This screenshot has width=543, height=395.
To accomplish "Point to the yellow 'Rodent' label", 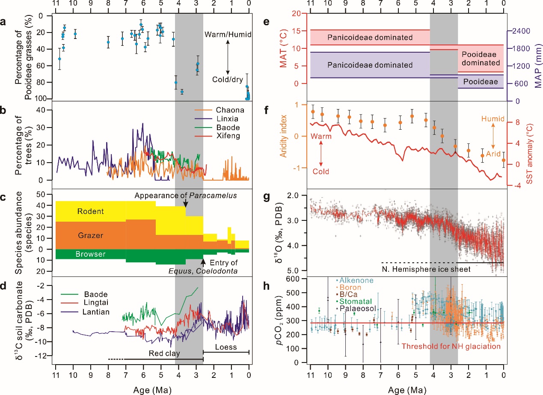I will coord(91,211).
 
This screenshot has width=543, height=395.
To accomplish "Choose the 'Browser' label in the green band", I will coord(91,254).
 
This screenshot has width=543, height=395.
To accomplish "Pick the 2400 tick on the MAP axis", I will coord(519,31).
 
